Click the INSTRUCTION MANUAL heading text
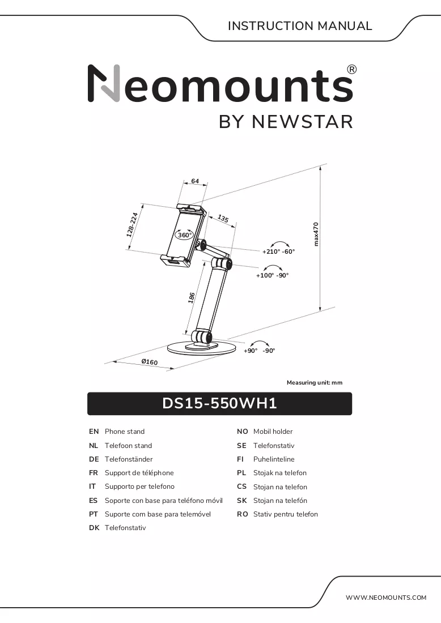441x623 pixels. coord(300,26)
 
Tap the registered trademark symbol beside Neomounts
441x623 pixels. coord(352,70)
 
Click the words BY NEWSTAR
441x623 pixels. coord(286,122)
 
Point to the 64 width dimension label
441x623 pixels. coord(195,181)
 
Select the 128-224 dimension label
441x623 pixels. coord(132,225)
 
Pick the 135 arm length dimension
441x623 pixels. coord(223,219)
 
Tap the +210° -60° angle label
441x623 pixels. coord(278,251)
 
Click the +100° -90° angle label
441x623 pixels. coord(272,275)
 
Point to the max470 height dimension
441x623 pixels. coord(316,234)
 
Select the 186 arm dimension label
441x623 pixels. coord(192,298)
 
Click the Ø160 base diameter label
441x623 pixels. coord(150,361)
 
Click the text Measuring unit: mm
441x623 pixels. coord(315,383)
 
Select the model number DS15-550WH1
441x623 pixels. coord(219,403)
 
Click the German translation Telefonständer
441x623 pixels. coord(129,459)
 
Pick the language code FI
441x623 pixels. coord(240,459)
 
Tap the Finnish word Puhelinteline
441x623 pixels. coord(274,459)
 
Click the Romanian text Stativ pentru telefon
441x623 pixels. coord(286,514)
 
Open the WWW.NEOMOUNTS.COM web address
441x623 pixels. coord(385,598)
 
